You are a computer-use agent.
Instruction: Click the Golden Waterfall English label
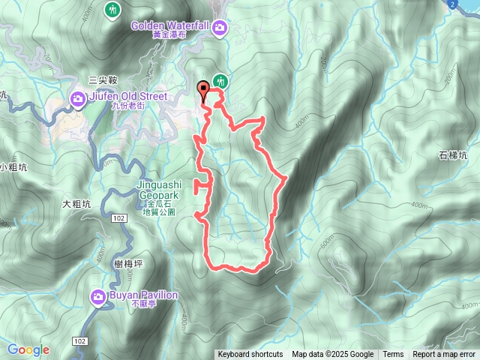pos(169,25)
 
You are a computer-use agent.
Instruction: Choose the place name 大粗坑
pos(76,203)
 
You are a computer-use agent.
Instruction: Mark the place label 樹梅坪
pos(110,262)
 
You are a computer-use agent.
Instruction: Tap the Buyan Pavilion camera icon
pos(98,298)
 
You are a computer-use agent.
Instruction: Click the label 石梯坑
pos(452,156)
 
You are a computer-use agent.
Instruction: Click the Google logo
pos(28,349)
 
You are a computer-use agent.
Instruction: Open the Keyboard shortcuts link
pos(250,355)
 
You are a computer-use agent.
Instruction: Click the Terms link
pos(393,355)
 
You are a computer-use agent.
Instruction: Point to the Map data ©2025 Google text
pos(332,355)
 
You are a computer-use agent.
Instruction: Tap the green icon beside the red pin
pos(220,80)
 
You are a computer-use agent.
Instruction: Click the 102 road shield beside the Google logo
pos(80,340)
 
